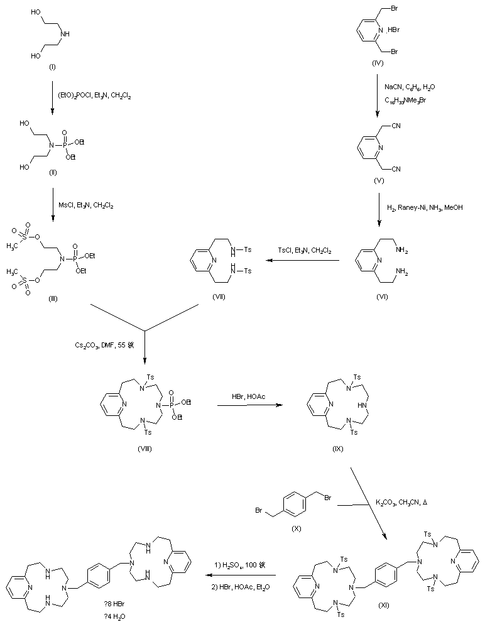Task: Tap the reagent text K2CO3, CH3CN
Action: tap(399, 503)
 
